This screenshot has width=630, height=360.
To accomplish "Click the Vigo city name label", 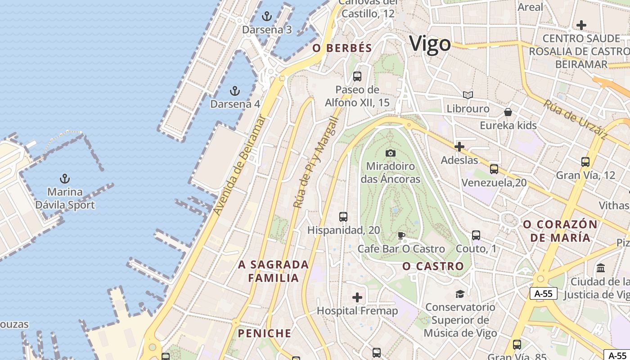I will click(430, 44).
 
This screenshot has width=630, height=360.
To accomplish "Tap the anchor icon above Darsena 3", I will click(267, 17).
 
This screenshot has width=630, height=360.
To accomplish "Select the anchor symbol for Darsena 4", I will click(234, 91).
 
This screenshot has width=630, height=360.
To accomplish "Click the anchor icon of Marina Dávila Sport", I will click(65, 179).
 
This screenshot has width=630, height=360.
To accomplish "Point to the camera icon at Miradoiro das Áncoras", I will click(390, 153).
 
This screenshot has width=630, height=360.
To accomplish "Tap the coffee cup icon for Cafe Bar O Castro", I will click(401, 235).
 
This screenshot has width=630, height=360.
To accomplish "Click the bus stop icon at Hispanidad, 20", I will click(343, 217).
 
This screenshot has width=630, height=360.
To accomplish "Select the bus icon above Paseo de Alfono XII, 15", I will click(357, 76).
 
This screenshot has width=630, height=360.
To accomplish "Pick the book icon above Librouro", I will click(468, 95).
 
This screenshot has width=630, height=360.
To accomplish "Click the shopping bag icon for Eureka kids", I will click(508, 112).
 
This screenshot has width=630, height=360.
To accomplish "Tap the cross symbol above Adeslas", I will click(459, 147).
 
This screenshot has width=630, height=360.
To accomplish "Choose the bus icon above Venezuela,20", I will click(494, 169).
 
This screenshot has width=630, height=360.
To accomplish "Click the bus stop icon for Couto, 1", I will click(476, 235).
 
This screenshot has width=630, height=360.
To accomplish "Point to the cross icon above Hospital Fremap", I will click(357, 297).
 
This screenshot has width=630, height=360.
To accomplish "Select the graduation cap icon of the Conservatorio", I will click(460, 294).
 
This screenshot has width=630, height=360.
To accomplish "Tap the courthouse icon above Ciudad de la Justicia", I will click(601, 268).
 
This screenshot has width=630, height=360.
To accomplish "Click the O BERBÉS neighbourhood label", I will click(342, 48).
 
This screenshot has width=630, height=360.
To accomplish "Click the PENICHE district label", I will click(265, 333).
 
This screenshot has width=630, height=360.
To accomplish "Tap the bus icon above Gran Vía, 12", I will click(585, 162).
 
